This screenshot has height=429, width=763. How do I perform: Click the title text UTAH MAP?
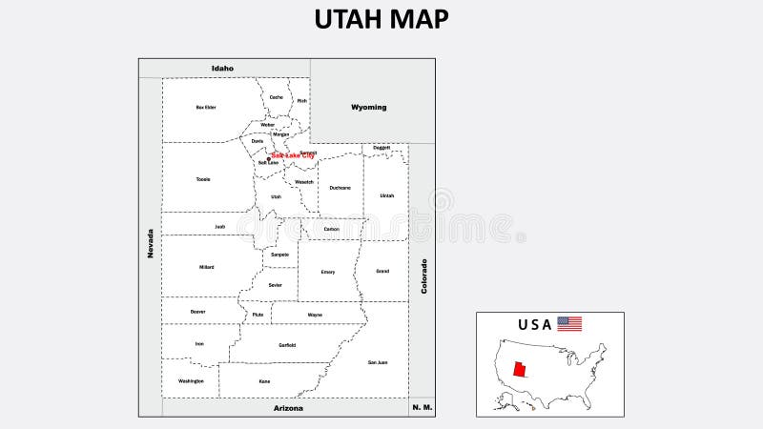(381, 19)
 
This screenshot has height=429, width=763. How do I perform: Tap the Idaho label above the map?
(222, 68)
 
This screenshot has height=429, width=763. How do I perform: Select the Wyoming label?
(368, 107)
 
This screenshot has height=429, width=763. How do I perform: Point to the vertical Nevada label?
(150, 242)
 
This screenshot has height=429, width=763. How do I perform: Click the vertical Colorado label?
(424, 276)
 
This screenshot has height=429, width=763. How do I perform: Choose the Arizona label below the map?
(287, 408)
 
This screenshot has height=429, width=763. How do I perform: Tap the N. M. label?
(422, 407)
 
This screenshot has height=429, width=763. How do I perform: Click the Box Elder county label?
(206, 108)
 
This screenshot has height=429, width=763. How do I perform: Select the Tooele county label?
(203, 179)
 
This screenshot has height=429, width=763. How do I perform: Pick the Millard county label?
(207, 267)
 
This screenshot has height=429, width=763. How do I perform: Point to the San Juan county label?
(378, 362)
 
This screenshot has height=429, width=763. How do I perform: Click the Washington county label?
(191, 380)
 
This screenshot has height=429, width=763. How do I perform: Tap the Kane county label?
(264, 381)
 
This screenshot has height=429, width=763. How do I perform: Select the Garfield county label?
(287, 345)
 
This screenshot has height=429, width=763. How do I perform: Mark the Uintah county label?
(386, 195)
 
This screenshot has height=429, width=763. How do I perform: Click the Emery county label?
(328, 272)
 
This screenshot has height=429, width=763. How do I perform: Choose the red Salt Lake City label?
(293, 155)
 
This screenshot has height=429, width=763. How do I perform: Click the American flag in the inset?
(569, 324)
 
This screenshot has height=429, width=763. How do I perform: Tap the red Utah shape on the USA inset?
(519, 370)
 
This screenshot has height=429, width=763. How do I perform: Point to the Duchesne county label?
(340, 188)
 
